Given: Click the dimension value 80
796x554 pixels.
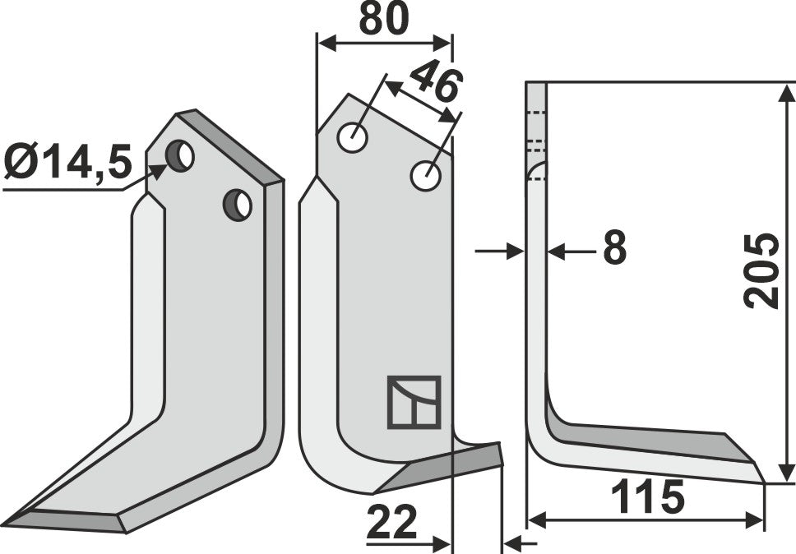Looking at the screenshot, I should point(384,19).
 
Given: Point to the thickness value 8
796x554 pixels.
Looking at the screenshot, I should point(613,248).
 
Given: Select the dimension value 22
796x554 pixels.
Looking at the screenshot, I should point(391,523).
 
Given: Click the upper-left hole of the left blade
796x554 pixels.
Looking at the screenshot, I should point(178,155).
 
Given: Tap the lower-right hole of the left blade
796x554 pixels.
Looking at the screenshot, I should point(238,204).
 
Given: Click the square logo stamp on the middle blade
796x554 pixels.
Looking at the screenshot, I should point(414,402).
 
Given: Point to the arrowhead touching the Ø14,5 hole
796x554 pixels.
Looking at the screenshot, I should point(159,172).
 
